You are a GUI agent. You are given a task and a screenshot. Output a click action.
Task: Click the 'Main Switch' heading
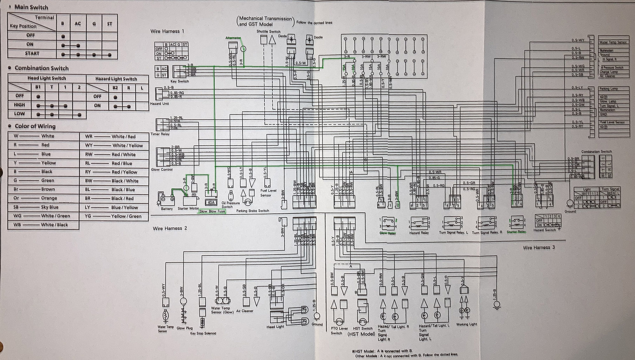(31, 7)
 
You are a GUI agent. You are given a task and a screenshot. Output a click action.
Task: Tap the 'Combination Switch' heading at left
(41, 68)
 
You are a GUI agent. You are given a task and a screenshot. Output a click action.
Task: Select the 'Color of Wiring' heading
(35, 126)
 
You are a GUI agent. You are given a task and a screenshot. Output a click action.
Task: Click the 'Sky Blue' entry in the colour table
(50, 207)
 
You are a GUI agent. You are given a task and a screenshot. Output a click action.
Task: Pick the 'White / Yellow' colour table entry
(127, 145)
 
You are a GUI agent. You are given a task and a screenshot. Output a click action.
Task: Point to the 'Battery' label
(167, 209)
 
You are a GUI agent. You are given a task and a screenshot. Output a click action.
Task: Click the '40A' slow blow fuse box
(211, 202)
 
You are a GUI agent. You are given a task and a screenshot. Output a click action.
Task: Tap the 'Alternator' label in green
(233, 38)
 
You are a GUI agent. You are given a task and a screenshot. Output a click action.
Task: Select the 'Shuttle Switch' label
(268, 31)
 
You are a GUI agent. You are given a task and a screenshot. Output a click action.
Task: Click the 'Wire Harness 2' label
(170, 228)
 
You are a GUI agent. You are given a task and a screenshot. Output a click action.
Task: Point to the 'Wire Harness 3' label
(539, 247)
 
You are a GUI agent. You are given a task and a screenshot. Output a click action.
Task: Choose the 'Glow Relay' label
(387, 233)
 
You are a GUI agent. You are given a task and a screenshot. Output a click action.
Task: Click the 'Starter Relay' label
(516, 232)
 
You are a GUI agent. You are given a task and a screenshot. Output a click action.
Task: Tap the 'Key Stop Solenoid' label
(203, 333)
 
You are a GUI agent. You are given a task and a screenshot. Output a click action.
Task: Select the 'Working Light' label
(466, 324)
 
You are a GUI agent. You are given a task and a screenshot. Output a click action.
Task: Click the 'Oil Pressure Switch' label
(230, 205)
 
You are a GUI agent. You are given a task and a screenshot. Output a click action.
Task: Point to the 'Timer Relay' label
(160, 134)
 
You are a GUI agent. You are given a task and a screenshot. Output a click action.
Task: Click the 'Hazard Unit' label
(159, 104)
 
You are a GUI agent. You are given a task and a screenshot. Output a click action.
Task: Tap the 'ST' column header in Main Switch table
(109, 24)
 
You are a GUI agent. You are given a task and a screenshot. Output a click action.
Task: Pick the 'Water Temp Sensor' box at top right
(613, 42)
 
